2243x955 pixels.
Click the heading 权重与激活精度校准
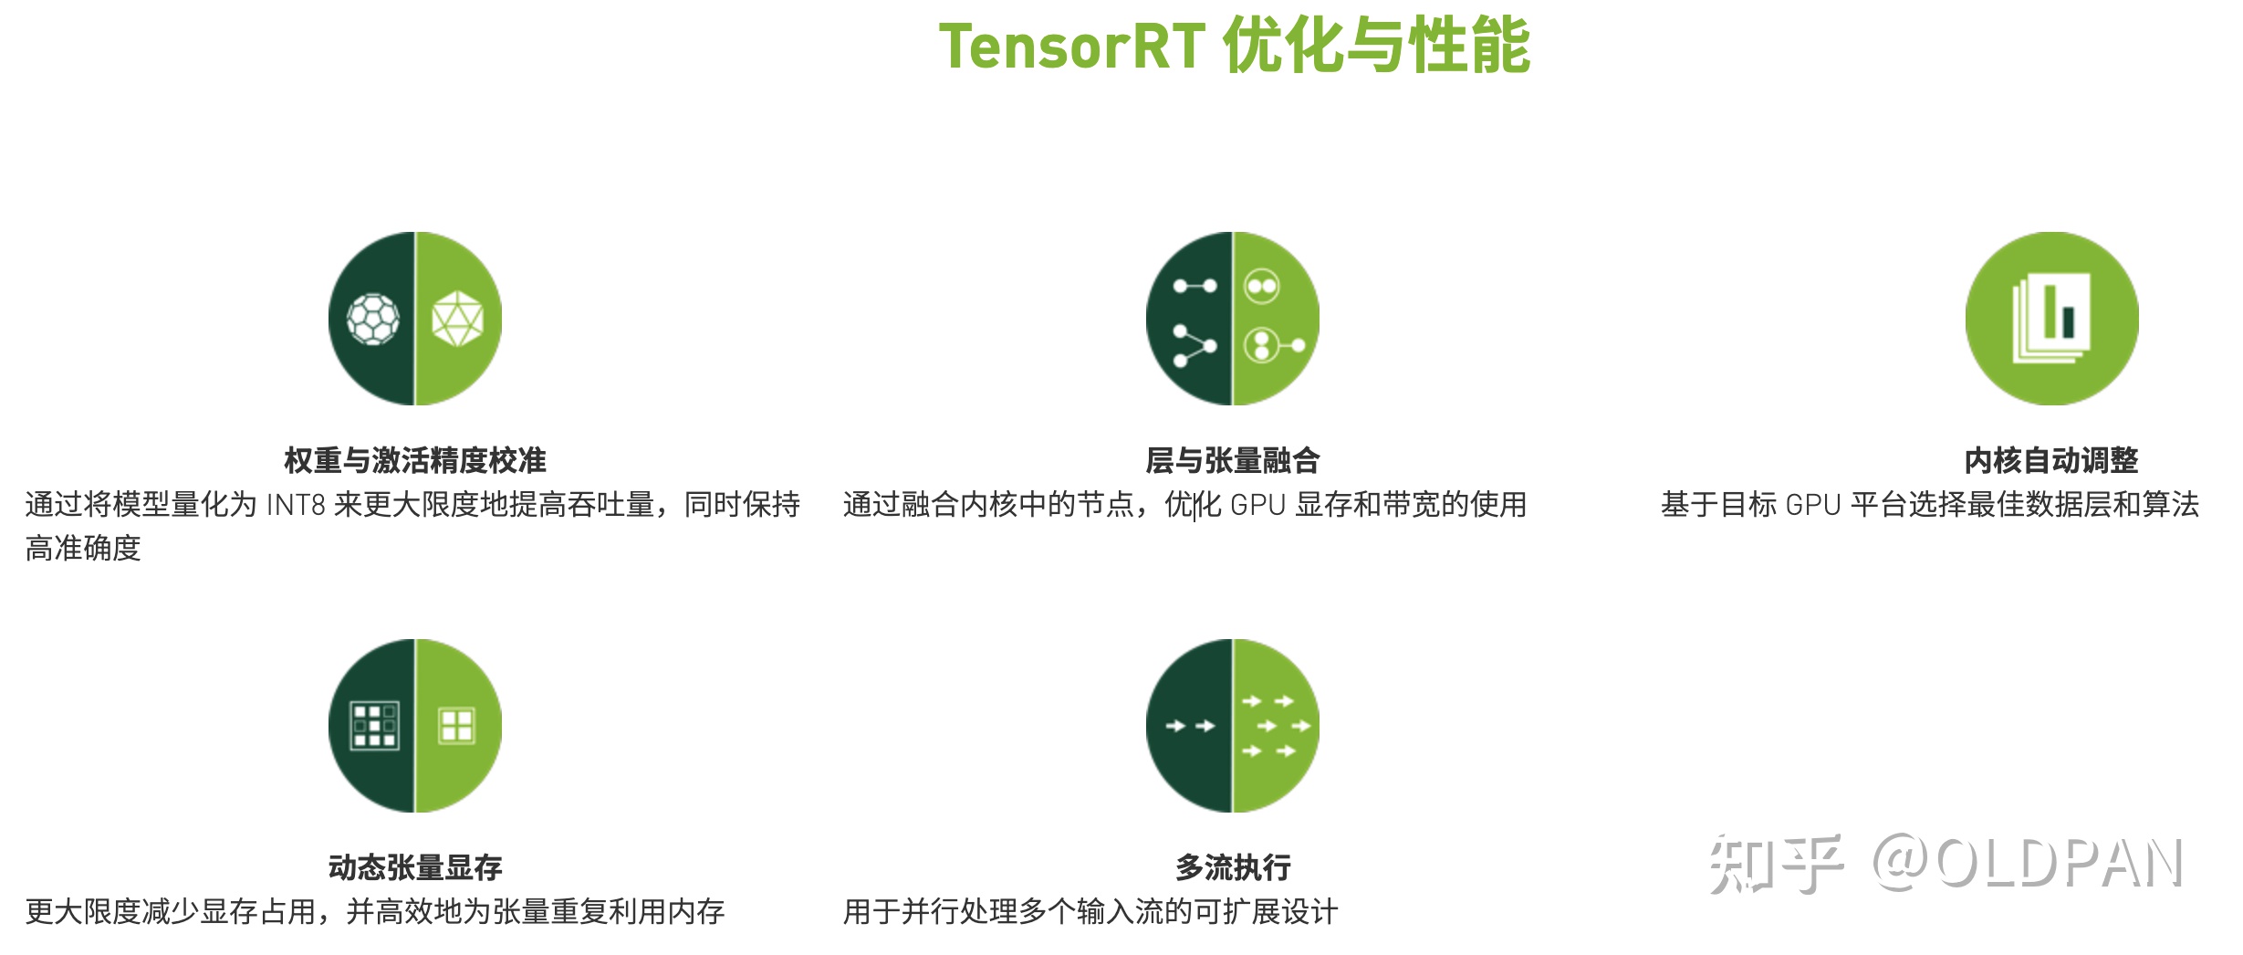(x=415, y=460)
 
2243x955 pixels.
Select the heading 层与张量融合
(x=1233, y=460)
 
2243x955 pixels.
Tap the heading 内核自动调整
(x=2051, y=460)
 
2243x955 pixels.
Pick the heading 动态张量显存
(x=415, y=867)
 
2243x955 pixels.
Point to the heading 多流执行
(x=1233, y=867)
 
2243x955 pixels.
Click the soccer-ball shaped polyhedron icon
(x=373, y=319)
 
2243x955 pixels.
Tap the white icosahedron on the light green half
(x=457, y=319)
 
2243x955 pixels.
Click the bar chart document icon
(x=2052, y=319)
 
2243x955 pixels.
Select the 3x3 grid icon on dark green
(x=375, y=726)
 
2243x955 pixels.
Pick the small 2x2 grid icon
(x=456, y=726)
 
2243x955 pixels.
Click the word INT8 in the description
(x=296, y=505)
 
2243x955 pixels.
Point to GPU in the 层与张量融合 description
(x=1257, y=505)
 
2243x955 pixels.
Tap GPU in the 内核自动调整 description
(x=1812, y=505)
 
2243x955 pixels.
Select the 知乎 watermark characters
(x=1775, y=864)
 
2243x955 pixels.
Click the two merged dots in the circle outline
(x=1262, y=287)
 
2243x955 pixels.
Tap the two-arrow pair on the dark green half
(x=1191, y=726)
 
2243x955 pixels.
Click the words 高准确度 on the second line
(x=83, y=549)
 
